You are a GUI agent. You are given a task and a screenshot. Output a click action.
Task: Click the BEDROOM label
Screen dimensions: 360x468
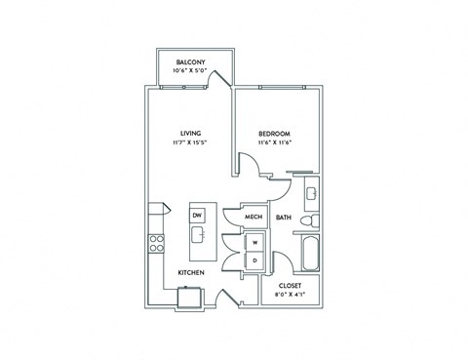click(x=275, y=134)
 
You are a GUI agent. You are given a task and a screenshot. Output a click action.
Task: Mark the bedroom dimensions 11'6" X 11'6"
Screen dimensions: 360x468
click(x=275, y=144)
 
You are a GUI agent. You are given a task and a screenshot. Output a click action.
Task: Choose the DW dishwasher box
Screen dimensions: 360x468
click(x=197, y=215)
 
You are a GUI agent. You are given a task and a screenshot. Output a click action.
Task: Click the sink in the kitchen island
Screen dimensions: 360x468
click(x=197, y=234)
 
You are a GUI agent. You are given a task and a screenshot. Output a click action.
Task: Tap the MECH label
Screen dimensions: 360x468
click(x=254, y=218)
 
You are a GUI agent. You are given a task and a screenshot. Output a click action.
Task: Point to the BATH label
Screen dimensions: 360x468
click(x=284, y=218)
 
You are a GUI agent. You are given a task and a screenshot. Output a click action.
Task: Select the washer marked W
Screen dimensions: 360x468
click(x=254, y=242)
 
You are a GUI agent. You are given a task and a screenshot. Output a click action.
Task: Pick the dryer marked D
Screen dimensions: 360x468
click(x=254, y=260)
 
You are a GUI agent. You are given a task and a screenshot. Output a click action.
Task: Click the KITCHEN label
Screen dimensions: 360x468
click(x=189, y=273)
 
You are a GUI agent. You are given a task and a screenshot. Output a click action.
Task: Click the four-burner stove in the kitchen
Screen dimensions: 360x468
click(x=155, y=244)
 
